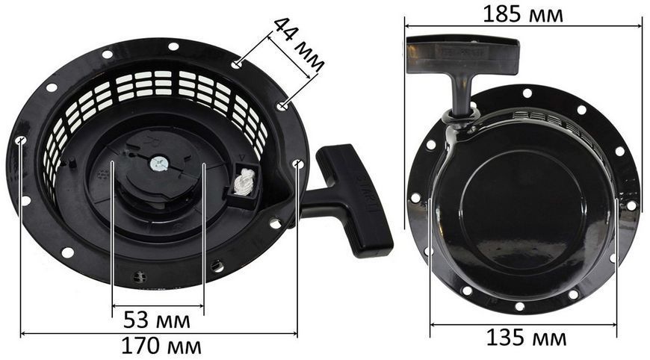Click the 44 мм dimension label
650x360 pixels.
pyautogui.click(x=298, y=45)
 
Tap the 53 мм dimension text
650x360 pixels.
pyautogui.click(x=157, y=320)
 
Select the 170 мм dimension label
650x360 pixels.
pyautogui.click(x=161, y=346)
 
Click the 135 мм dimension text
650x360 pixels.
pyautogui.click(x=526, y=337)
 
